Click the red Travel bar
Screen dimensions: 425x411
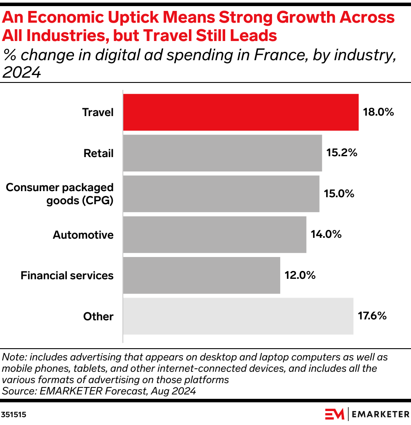(240, 112)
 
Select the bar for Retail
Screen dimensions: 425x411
(222, 153)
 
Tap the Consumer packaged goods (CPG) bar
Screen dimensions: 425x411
(221, 194)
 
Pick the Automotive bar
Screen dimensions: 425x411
(214, 235)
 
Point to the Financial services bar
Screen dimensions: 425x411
(201, 275)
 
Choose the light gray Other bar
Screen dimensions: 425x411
(238, 316)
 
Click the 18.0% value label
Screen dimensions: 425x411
(378, 112)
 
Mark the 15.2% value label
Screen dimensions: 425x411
(342, 153)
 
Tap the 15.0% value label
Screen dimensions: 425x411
(339, 194)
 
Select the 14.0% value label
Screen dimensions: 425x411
(326, 235)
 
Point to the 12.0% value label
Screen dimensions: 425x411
(300, 275)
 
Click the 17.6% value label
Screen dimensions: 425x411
(372, 316)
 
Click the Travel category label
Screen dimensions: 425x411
(98, 112)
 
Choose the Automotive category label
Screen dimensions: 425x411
(83, 235)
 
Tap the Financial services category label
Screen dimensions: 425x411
(67, 275)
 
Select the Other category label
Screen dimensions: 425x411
(98, 316)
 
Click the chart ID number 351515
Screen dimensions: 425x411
(14, 415)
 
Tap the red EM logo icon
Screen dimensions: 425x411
(335, 414)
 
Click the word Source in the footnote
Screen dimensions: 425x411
(16, 391)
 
